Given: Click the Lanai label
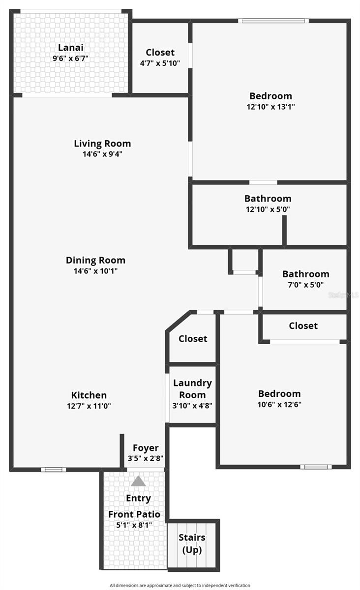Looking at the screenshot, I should click(71, 48).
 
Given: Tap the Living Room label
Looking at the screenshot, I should click(102, 144).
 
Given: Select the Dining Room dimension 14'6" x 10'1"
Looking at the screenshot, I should click(95, 271).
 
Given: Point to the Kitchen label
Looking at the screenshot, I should click(89, 395).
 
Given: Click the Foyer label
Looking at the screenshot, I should click(146, 447).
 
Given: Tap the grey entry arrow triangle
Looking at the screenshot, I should click(139, 481).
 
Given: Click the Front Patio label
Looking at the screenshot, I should click(134, 514).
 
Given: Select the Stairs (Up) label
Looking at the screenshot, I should click(192, 544).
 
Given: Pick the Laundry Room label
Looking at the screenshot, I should click(192, 388).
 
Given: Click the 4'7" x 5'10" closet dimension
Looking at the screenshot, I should click(160, 63).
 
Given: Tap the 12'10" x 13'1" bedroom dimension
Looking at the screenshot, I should click(270, 106).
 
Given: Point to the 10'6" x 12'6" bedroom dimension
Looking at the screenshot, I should click(279, 405).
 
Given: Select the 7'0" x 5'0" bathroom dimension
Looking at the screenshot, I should click(305, 285).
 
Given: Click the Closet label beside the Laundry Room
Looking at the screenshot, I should click(193, 338).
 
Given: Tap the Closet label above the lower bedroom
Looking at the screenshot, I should click(303, 325).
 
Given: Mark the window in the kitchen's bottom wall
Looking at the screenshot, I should click(53, 470).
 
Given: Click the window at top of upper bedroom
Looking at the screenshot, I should click(274, 21).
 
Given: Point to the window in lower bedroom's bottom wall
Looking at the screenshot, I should click(315, 467).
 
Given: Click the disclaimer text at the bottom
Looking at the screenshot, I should click(180, 585).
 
